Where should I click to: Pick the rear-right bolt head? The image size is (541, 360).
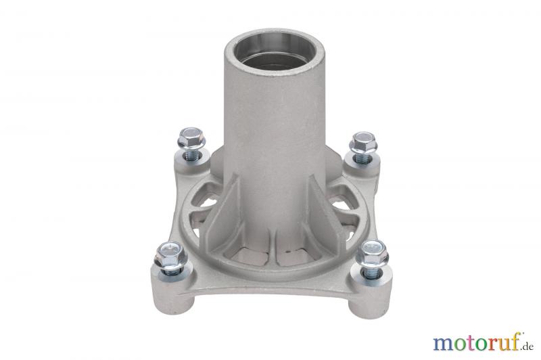point(363,141)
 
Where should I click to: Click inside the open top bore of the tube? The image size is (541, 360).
point(275,52)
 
